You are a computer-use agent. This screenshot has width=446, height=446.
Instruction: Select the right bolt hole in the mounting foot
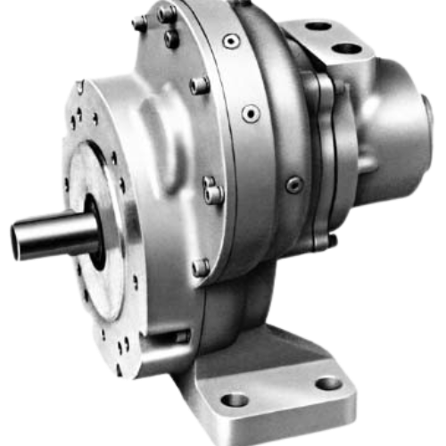pyautogui.click(x=328, y=384)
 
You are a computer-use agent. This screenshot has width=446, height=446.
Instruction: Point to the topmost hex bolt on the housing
pyautogui.click(x=166, y=13)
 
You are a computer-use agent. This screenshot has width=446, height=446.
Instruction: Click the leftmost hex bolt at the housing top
pyautogui.click(x=138, y=23)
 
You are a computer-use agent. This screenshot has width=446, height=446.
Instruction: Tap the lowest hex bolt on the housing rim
pyautogui.click(x=202, y=267)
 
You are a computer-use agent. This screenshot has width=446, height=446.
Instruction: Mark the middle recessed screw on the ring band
pyautogui.click(x=252, y=112)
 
